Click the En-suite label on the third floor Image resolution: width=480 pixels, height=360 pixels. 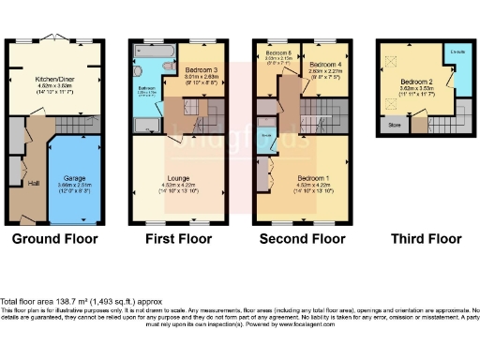(459, 51)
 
